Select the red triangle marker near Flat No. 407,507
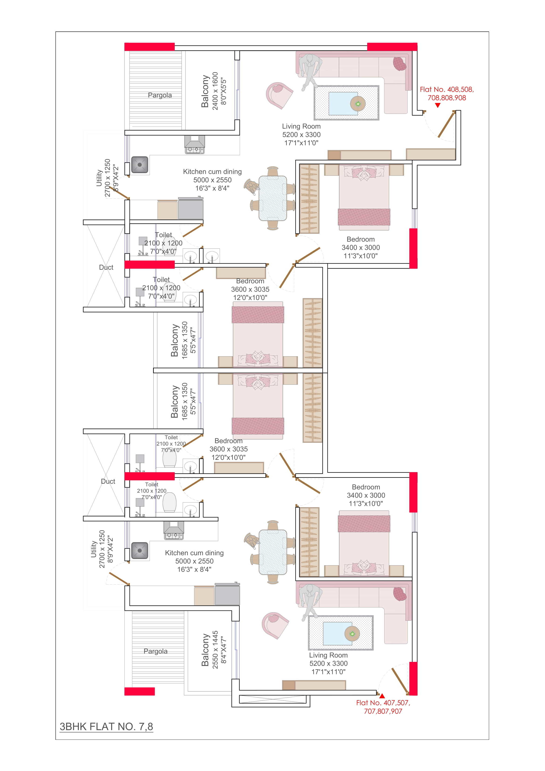[x=382, y=696]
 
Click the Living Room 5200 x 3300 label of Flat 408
[x=301, y=134]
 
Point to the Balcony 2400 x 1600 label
[x=214, y=91]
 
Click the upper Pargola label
[x=160, y=95]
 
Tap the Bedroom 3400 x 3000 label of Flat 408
[x=361, y=247]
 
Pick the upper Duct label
[x=106, y=267]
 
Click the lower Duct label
[x=108, y=481]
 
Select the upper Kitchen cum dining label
[x=212, y=180]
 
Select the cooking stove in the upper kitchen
[x=194, y=145]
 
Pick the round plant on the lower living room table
[x=352, y=634]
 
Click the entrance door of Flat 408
[x=446, y=125]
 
